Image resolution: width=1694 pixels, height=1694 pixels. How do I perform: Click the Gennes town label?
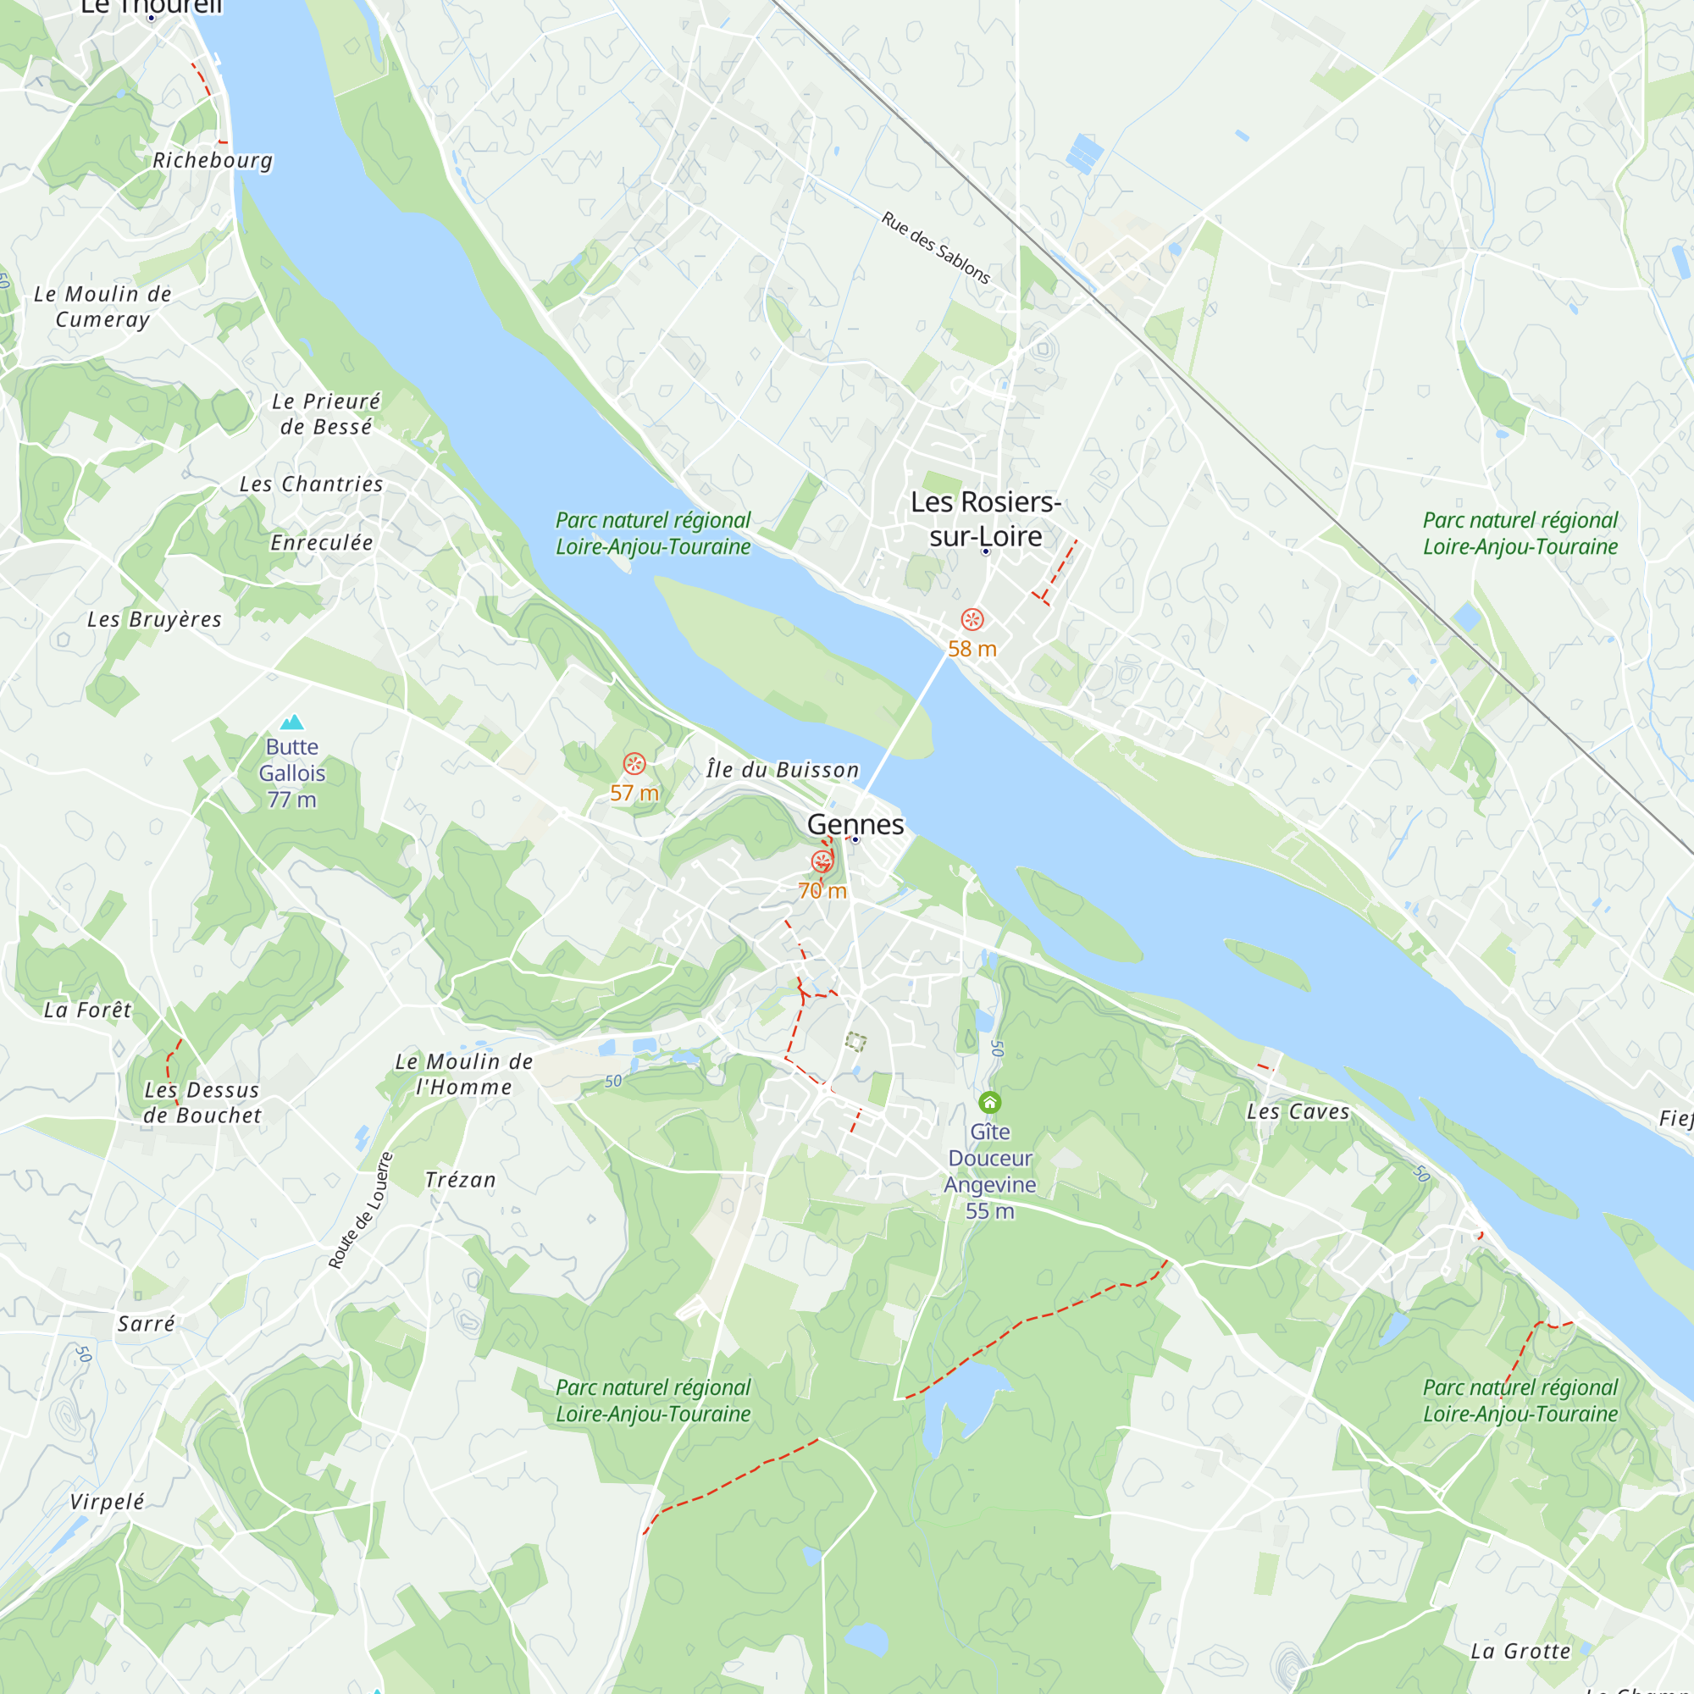[855, 824]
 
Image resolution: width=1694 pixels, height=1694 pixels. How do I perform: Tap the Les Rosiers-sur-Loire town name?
[986, 518]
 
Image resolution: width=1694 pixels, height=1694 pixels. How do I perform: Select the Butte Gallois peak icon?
[292, 722]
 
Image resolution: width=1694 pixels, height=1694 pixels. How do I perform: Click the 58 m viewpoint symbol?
[972, 620]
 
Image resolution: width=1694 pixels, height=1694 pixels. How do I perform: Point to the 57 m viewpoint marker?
[634, 764]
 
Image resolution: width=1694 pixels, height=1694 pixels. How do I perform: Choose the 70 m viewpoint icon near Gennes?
[822, 861]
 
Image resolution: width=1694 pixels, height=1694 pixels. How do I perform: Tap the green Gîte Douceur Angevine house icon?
[990, 1102]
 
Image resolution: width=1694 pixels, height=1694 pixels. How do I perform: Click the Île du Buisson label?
[782, 770]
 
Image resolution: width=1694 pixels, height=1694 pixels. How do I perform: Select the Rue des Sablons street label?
[935, 248]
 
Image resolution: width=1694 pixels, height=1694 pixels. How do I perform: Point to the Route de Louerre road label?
[359, 1211]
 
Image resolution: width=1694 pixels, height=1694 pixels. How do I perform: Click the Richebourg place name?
[213, 160]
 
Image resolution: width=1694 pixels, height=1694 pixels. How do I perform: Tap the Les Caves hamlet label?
[1298, 1112]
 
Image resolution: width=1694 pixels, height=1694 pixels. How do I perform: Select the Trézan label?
[460, 1180]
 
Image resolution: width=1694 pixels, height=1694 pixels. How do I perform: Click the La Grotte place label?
[1520, 1651]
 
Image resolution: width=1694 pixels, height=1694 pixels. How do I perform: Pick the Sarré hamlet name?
[147, 1324]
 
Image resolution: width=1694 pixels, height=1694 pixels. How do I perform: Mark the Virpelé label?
[107, 1501]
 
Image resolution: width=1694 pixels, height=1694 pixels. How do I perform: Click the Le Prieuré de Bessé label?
[326, 414]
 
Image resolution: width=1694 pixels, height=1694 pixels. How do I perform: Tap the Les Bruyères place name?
[154, 619]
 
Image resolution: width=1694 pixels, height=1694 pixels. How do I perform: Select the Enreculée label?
[322, 543]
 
